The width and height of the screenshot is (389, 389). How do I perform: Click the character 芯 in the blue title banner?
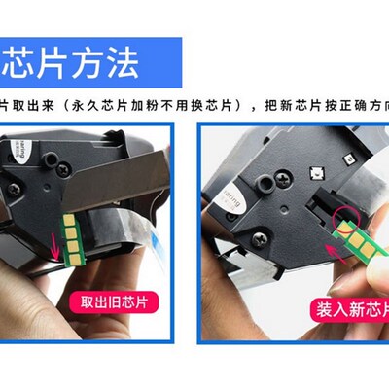pyautogui.click(x=20, y=60)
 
